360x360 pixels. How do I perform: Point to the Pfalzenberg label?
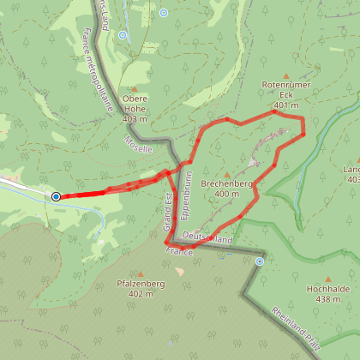click(140, 284)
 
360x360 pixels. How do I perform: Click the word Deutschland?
click(207, 239)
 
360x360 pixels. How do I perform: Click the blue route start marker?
click(56, 197)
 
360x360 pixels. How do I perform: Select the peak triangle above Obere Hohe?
click(135, 87)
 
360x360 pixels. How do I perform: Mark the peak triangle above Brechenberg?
click(226, 173)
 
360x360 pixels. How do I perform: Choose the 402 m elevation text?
click(140, 293)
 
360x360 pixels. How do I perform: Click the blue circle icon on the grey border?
click(259, 261)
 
